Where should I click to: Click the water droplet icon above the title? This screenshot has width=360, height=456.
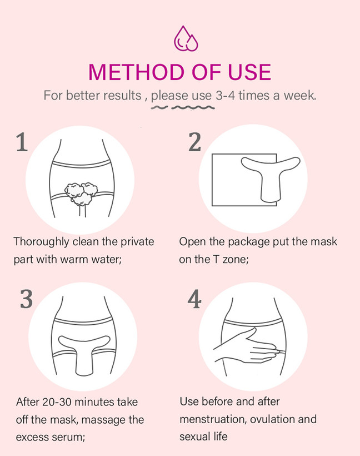tap(186, 39)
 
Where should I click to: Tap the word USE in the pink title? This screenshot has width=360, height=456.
tap(249, 72)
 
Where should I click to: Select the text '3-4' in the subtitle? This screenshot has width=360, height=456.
tap(226, 96)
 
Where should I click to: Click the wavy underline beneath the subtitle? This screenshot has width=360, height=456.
tap(183, 108)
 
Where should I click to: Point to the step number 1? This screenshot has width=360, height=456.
tap(22, 142)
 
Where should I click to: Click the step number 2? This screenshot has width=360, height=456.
tap(194, 142)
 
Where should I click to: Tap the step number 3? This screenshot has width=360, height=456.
tap(26, 299)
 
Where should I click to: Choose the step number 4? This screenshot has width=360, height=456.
tap(194, 299)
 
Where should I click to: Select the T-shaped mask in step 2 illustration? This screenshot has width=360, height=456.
tap(271, 178)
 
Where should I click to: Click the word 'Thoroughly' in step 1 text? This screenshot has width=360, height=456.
tap(41, 242)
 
